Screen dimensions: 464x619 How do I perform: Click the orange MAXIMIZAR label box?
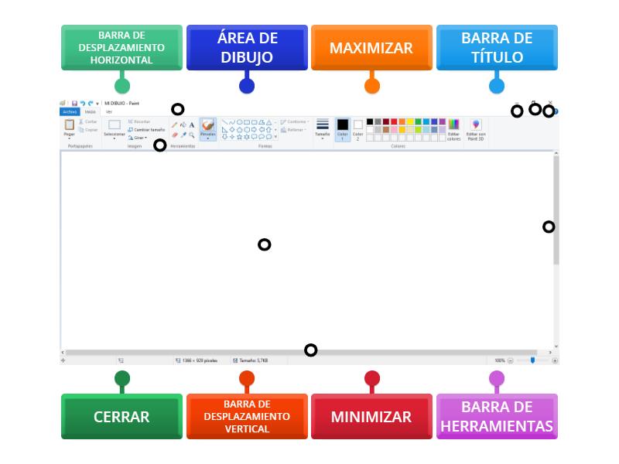371,48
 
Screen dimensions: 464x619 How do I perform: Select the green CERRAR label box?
121,417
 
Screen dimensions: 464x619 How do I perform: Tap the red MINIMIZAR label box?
371,417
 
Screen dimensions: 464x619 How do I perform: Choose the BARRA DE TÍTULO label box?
497,48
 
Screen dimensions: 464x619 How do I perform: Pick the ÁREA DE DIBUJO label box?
247,48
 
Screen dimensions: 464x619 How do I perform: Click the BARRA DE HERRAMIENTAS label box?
497,417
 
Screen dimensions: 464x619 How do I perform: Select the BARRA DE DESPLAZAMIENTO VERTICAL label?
247,417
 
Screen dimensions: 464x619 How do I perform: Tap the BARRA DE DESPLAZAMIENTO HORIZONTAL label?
121,48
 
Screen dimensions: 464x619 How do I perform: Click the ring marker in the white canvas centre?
264,244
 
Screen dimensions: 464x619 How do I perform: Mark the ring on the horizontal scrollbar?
310,350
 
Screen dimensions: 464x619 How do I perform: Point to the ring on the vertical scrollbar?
549,227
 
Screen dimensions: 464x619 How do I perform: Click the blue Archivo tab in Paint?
70,111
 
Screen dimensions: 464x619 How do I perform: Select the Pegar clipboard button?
70,127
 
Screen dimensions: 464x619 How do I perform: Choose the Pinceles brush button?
207,128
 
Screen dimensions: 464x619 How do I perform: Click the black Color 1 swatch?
342,127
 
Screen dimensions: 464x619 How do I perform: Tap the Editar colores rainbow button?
454,128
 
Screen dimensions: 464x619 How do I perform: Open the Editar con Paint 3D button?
476,128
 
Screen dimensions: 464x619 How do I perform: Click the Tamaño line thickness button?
323,128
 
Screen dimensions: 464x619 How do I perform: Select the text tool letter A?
192,125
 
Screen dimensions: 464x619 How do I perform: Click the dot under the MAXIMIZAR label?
371,85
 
